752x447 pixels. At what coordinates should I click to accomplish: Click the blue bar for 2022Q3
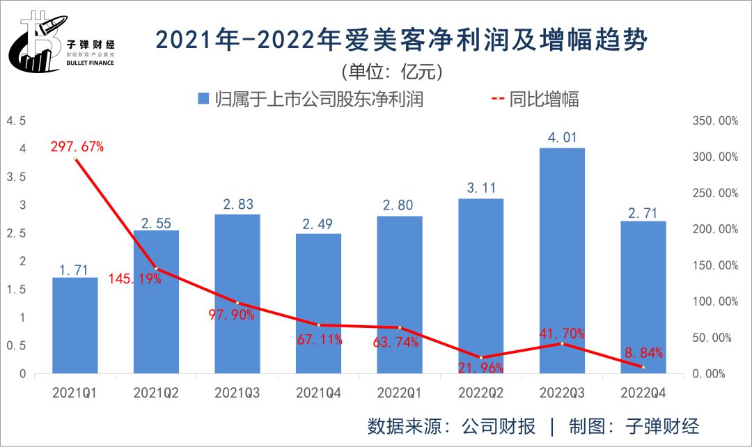pyautogui.click(x=562, y=260)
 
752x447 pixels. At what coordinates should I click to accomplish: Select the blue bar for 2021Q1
pyautogui.click(x=75, y=325)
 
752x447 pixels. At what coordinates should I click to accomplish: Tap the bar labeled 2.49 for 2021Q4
pyautogui.click(x=319, y=303)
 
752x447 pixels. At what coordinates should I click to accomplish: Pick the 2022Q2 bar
pyautogui.click(x=480, y=285)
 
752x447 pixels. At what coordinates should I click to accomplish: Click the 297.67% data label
pyautogui.click(x=77, y=147)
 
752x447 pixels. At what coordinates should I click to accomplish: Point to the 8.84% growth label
pyautogui.click(x=643, y=352)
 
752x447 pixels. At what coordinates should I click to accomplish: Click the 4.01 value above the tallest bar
pyautogui.click(x=562, y=138)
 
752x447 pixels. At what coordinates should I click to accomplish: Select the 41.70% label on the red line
pyautogui.click(x=563, y=333)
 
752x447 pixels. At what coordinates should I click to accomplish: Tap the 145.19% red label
pyautogui.click(x=135, y=279)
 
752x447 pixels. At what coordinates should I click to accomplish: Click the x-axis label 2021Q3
pyautogui.click(x=238, y=393)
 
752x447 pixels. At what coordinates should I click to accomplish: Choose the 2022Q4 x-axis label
pyautogui.click(x=643, y=393)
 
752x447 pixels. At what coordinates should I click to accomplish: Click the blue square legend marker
pyautogui.click(x=203, y=99)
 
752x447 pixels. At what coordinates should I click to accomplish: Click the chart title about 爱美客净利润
pyautogui.click(x=401, y=40)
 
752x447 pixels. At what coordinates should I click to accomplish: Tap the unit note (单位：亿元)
pyautogui.click(x=392, y=72)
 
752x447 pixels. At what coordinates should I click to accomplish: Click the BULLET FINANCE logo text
pyautogui.click(x=91, y=63)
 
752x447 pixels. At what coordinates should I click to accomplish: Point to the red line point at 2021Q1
pyautogui.click(x=75, y=159)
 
